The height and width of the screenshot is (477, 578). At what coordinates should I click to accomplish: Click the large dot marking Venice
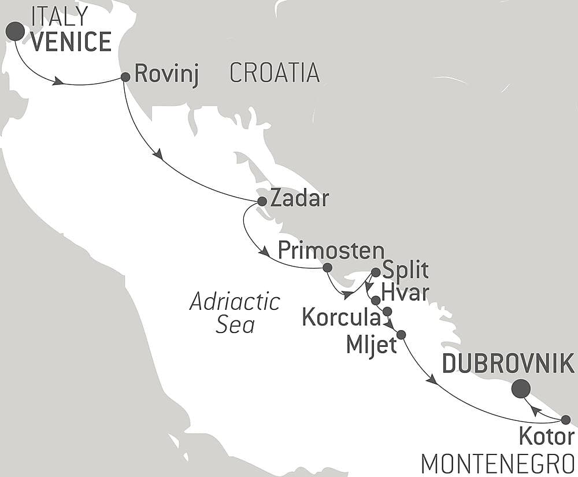15,31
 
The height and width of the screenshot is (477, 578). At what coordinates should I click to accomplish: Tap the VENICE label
71,42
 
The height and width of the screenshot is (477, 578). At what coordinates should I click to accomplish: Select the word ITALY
60,16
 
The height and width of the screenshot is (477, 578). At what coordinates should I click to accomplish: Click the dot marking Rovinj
125,76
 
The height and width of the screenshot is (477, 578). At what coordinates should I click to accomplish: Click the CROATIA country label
275,72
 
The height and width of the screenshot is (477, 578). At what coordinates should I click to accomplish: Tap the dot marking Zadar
261,201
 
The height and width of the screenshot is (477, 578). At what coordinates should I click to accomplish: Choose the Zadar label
299,199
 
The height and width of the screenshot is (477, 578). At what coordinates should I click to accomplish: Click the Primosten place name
331,250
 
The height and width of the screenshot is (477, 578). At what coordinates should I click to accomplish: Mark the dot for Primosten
327,268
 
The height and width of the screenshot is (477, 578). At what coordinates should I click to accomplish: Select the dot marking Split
376,272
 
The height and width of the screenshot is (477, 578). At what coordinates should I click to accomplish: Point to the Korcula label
342,317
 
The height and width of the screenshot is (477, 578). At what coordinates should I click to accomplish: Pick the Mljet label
371,345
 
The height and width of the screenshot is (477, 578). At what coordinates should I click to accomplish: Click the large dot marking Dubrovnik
521,389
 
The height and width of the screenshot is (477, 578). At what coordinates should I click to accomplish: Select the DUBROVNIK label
508,364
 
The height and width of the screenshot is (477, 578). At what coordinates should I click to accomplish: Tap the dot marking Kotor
566,420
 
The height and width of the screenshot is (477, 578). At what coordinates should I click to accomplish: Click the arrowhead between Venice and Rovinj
57,82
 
